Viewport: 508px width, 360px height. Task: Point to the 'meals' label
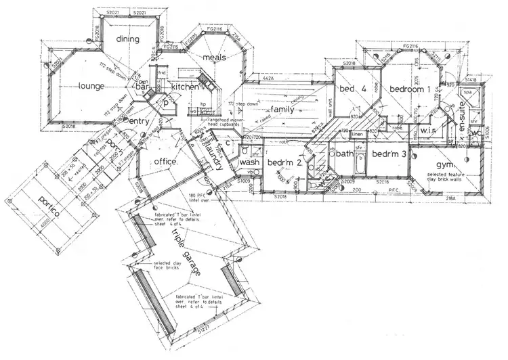[x=214, y=58]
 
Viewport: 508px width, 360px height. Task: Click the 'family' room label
[x=280, y=109]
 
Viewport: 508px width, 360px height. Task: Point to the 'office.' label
[x=165, y=162]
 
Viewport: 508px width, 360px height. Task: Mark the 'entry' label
[x=138, y=121]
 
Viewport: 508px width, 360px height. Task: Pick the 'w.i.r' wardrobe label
[x=427, y=129]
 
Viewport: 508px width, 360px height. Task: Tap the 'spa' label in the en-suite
[x=467, y=91]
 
